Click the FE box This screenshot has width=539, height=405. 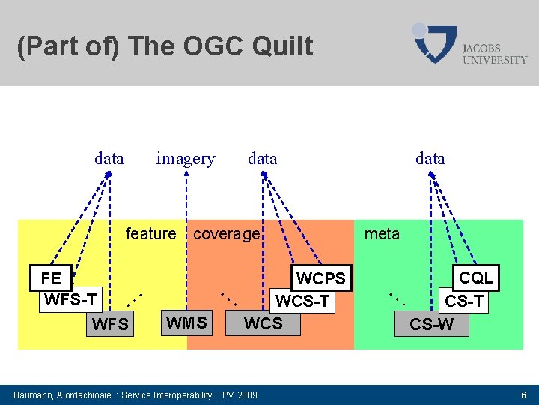pyautogui.click(x=51, y=278)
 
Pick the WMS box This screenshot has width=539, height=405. pyautogui.click(x=186, y=323)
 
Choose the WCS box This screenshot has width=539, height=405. pyautogui.click(x=264, y=323)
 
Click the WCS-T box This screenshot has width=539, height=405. pyautogui.click(x=302, y=301)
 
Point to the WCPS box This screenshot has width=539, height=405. pyautogui.click(x=321, y=279)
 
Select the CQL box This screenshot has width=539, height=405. pyautogui.click(x=476, y=277)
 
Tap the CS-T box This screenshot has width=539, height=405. pyautogui.click(x=464, y=301)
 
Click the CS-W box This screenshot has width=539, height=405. pyautogui.click(x=431, y=325)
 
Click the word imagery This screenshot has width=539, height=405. pyautogui.click(x=185, y=159)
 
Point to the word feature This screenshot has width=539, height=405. pyautogui.click(x=150, y=233)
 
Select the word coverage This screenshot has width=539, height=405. pyautogui.click(x=226, y=233)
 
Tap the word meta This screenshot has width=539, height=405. pyautogui.click(x=382, y=233)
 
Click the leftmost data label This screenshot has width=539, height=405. pyautogui.click(x=109, y=158)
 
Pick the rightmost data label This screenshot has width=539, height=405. pyautogui.click(x=430, y=158)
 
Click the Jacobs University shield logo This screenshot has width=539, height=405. pyautogui.click(x=434, y=43)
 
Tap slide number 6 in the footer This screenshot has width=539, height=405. pyautogui.click(x=524, y=394)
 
